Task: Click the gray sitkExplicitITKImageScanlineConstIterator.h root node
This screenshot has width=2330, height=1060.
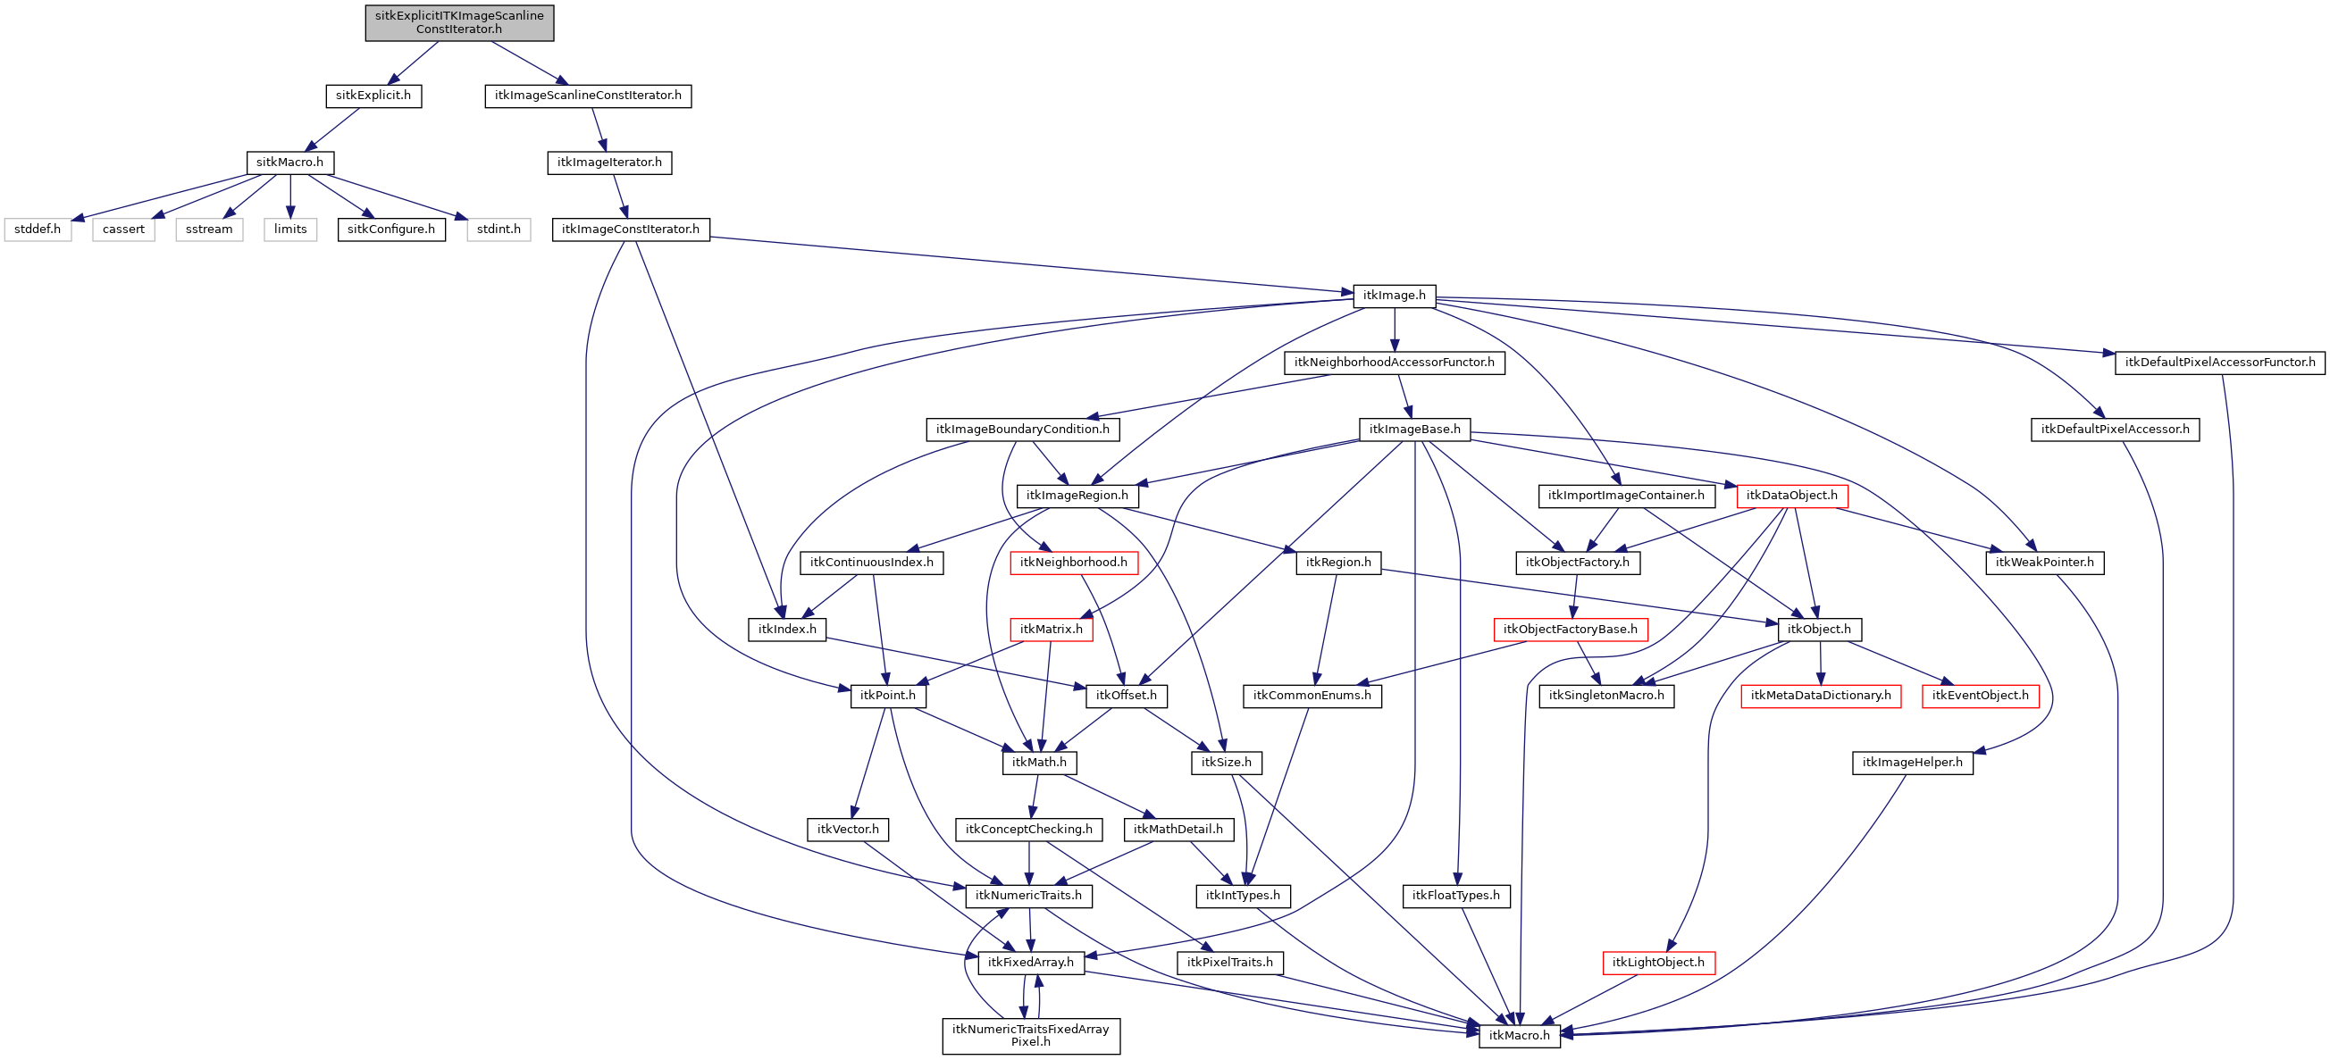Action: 459,22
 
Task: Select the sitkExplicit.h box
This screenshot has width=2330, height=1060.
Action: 373,96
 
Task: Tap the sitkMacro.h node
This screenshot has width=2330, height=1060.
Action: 289,163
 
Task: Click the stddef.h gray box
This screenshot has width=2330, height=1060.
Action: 38,230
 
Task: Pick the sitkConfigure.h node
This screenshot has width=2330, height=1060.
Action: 390,230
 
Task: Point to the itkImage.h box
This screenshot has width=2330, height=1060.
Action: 1394,296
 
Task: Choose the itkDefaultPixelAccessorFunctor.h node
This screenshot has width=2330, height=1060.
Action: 2219,363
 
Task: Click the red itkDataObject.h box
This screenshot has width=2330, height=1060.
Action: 1791,496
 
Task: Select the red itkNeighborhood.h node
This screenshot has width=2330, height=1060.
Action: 1073,563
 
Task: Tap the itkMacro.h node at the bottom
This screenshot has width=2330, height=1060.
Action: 1519,1036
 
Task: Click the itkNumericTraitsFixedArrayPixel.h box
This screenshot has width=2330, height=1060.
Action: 1030,1036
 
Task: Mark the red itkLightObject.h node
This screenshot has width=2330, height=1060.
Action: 1657,963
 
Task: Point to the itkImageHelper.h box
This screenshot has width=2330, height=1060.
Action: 1912,763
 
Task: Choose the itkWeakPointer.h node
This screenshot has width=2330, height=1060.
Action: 2044,563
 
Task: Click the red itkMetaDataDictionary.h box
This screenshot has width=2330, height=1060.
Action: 1820,696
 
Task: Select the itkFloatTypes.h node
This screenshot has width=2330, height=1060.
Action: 1455,896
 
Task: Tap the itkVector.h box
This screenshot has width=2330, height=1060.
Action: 848,830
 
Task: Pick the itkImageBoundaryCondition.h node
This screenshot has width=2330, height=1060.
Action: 1022,430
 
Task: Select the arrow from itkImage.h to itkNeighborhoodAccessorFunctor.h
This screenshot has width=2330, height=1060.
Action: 1395,330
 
